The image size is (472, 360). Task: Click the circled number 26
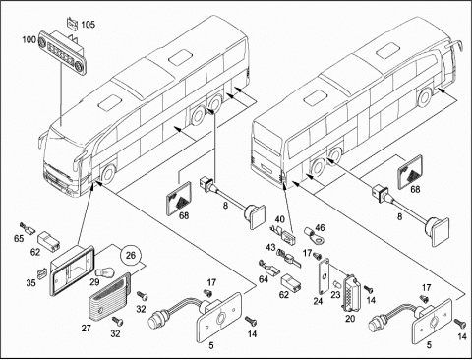[x=131, y=255]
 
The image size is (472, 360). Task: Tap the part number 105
[x=88, y=25]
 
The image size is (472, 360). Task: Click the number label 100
[x=29, y=39]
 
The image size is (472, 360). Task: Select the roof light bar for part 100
[x=62, y=51]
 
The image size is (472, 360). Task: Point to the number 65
[x=19, y=238]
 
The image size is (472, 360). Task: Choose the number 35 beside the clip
[x=30, y=282]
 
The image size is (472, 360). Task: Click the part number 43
[x=270, y=247]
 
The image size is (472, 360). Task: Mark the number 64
[x=264, y=279]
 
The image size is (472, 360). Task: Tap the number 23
[x=335, y=295]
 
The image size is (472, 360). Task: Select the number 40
[x=280, y=219]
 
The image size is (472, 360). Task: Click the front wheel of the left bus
[x=108, y=174]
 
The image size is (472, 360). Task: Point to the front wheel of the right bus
[x=425, y=96]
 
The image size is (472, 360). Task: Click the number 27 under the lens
[x=86, y=328]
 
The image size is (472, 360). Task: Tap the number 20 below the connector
[x=350, y=319]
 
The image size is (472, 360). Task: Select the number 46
[x=320, y=227]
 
